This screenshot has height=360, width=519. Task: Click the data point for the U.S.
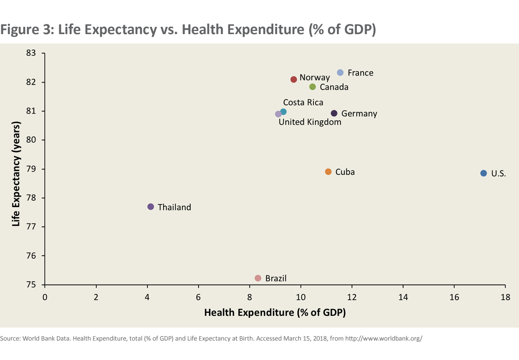pyautogui.click(x=484, y=173)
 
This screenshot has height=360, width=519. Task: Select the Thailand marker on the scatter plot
pyautogui.click(x=151, y=207)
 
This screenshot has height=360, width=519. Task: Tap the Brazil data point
pyautogui.click(x=258, y=278)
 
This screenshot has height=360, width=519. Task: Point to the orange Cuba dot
pyautogui.click(x=328, y=172)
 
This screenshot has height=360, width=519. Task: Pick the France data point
pyautogui.click(x=340, y=72)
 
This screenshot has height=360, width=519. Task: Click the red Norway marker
pyautogui.click(x=294, y=79)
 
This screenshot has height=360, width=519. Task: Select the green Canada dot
pyautogui.click(x=313, y=87)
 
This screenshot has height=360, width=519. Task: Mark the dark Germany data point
pyautogui.click(x=334, y=113)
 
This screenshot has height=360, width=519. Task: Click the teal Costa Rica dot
pyautogui.click(x=283, y=112)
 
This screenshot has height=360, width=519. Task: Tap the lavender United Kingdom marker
pyautogui.click(x=278, y=114)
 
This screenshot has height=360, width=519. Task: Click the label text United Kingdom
pyautogui.click(x=310, y=122)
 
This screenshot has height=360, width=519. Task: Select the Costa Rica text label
pyautogui.click(x=303, y=102)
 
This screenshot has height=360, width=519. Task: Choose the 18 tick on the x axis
pyautogui.click(x=505, y=297)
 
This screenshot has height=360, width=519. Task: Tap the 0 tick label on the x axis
pyautogui.click(x=45, y=297)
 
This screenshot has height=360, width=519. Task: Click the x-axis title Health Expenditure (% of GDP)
pyautogui.click(x=275, y=312)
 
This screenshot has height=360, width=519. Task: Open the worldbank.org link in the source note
pyautogui.click(x=384, y=338)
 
